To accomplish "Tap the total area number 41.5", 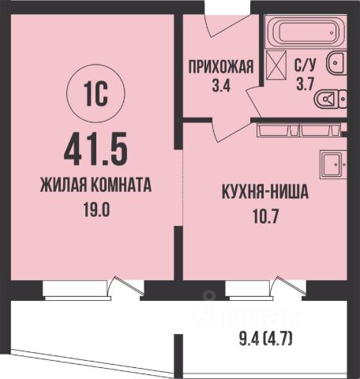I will [92, 148].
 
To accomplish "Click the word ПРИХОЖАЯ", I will [220, 66].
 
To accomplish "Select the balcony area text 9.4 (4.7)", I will [266, 342].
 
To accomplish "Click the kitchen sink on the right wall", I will [332, 164].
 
